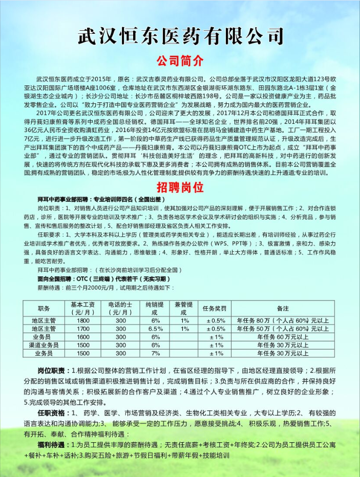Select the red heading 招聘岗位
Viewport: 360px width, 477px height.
click(x=180, y=187)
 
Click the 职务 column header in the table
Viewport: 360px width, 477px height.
click(x=44, y=309)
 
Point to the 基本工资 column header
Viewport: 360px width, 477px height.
click(x=83, y=309)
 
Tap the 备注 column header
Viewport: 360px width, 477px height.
click(x=283, y=309)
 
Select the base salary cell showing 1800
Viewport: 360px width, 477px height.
click(x=83, y=320)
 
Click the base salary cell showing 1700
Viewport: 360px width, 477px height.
click(x=83, y=329)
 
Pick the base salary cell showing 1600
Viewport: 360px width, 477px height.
click(x=83, y=337)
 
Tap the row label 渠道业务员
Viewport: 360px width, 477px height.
click(x=44, y=345)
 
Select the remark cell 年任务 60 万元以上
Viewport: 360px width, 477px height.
click(x=283, y=337)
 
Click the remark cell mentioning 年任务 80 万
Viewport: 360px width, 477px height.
click(x=283, y=320)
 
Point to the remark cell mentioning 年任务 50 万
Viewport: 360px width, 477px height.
click(x=283, y=329)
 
